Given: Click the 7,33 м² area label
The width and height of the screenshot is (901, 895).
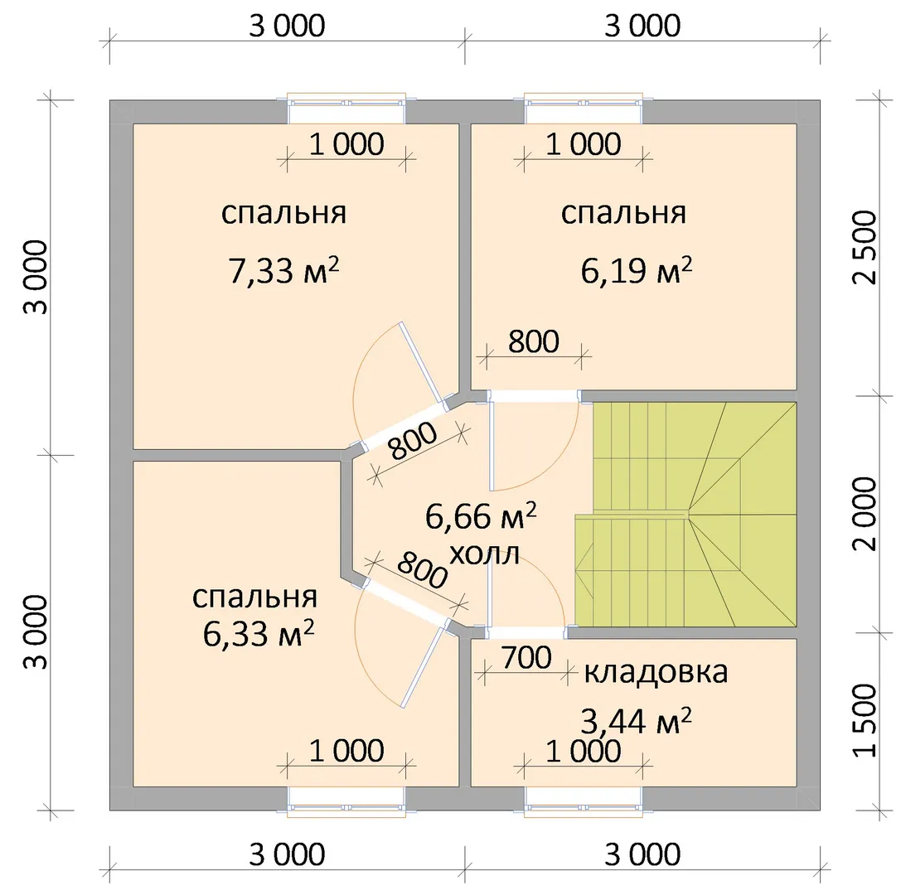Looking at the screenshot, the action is pos(283,270).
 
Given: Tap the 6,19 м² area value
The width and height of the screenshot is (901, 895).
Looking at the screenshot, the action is pos(636,270).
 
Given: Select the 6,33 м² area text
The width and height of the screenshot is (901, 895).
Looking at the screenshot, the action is pos(259,634).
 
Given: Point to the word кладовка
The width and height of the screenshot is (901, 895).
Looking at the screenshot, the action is pos(656,671).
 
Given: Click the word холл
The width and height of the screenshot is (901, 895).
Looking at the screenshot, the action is pos(484,554).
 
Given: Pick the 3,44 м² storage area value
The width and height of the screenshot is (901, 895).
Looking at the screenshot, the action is pos(636,721).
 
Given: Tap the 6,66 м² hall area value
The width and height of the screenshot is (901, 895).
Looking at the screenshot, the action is pos(481,515).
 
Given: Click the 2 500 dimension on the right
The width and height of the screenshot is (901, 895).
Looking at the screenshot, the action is pos(865,248).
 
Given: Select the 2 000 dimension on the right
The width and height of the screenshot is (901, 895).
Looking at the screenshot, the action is pos(865,514).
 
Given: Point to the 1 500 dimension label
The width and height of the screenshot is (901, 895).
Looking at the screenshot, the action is pos(865,720).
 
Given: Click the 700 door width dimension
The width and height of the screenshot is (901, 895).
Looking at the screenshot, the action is pos(526,658).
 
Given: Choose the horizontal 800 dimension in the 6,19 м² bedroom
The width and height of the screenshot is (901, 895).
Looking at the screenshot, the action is pos(533,341).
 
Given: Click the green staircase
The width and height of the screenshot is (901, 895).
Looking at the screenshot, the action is pos(686,514).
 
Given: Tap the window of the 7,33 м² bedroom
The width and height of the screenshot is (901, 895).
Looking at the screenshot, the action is pos(346,108).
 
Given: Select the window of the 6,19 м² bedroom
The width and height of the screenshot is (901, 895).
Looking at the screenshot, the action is pos(584,108).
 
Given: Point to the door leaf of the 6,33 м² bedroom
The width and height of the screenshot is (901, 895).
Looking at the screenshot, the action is pos(423,665).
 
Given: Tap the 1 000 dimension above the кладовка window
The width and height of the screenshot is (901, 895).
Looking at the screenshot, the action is pos(584,751).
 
